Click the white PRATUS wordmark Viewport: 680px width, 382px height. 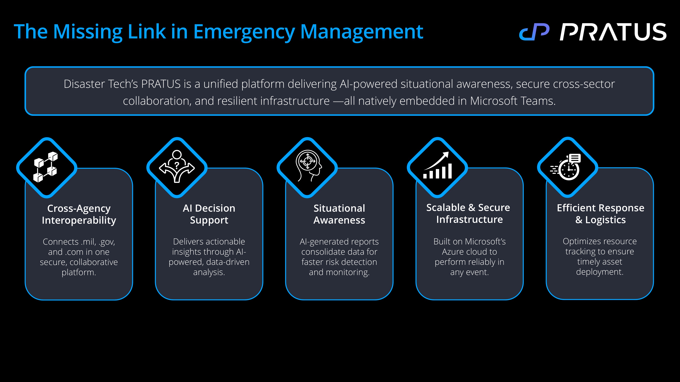pos(613,32)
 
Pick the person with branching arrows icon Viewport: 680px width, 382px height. pos(177,167)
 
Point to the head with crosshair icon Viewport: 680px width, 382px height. pos(308,166)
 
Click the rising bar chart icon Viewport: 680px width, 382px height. pos(437,166)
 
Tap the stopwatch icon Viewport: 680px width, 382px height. pos(567,167)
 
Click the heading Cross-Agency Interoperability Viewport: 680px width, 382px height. pos(79,214)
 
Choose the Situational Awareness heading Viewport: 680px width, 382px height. pos(339,214)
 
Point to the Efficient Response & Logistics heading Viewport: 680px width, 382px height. pos(600,214)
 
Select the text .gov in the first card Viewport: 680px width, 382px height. pos(107,242)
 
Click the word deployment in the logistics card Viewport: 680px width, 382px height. pos(599,272)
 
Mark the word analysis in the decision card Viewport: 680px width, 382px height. pos(209,272)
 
